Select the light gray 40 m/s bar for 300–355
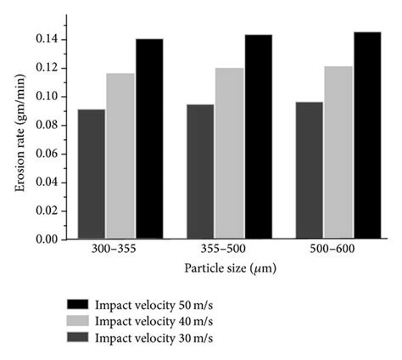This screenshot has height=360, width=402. point(120,156)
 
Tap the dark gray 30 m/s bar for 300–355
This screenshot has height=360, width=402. point(92,174)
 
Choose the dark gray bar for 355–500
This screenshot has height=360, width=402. point(200,172)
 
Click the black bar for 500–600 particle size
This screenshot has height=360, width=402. point(366,136)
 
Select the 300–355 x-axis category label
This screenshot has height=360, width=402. point(120,251)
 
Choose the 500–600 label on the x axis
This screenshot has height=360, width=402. point(338,251)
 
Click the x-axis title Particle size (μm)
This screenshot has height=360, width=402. point(229,267)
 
